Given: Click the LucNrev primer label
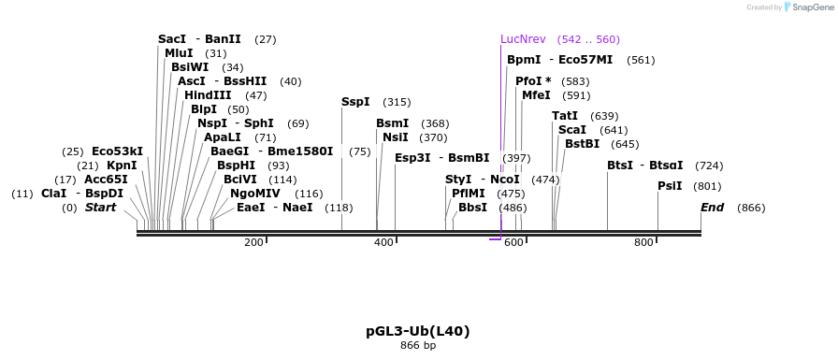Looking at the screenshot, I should pyautogui.click(x=523, y=39).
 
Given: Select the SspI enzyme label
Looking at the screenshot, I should pyautogui.click(x=355, y=102).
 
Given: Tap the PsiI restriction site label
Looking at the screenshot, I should pyautogui.click(x=670, y=186).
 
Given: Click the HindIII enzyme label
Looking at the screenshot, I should pyautogui.click(x=208, y=95).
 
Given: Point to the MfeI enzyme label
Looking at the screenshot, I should pyautogui.click(x=536, y=95).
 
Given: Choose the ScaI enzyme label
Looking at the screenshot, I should pyautogui.click(x=572, y=130).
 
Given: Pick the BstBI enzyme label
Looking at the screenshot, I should pyautogui.click(x=582, y=144).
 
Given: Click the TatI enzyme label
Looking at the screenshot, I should pyautogui.click(x=565, y=116).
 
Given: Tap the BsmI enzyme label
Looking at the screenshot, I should pyautogui.click(x=392, y=123).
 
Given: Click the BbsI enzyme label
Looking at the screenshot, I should pyautogui.click(x=472, y=208).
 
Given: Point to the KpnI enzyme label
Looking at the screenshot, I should pyautogui.click(x=122, y=166).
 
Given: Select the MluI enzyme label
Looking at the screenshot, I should pyautogui.click(x=179, y=53).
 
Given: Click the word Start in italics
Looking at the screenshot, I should pyautogui.click(x=100, y=208).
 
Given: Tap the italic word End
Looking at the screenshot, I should pyautogui.click(x=713, y=208).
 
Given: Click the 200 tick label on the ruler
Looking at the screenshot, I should pyautogui.click(x=253, y=243).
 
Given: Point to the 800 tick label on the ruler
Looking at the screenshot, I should pyautogui.click(x=643, y=243).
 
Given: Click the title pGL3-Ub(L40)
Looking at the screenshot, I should pyautogui.click(x=418, y=331).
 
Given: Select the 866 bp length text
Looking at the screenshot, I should pyautogui.click(x=418, y=346).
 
